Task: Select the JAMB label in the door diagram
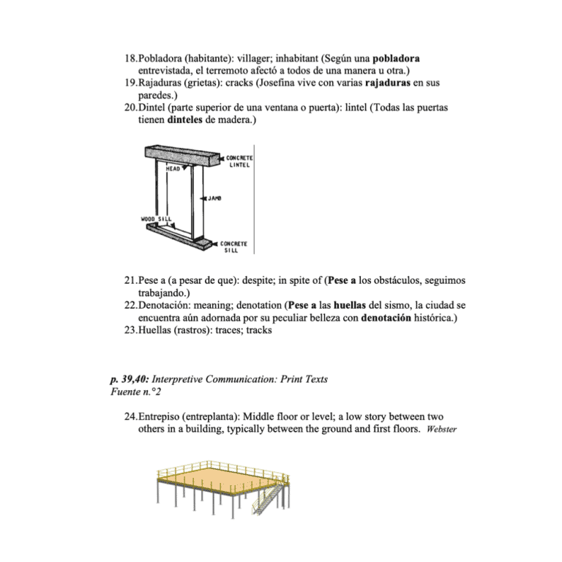pos(214,198)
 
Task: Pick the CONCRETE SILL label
pos(234,247)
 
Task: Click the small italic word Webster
pos(441,430)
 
